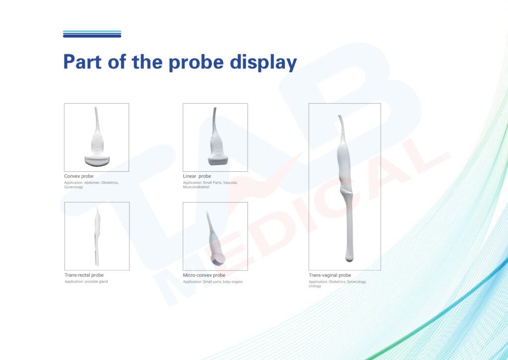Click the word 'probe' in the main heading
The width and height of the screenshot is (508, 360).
click(196, 63)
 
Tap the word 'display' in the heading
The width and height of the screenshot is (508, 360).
click(263, 63)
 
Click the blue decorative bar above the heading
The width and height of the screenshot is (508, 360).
click(92, 34)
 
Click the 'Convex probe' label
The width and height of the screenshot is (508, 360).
click(79, 176)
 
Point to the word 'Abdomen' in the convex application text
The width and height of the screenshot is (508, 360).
click(92, 183)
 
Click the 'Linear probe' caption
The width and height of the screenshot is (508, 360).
click(197, 176)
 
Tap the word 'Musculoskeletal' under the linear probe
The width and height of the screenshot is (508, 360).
click(196, 187)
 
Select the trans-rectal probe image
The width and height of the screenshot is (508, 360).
click(97, 237)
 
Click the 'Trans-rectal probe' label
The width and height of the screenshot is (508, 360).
click(84, 275)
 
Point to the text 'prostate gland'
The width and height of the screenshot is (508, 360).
click(96, 282)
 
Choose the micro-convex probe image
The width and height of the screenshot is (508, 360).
click(215, 240)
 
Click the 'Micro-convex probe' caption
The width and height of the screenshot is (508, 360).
click(204, 276)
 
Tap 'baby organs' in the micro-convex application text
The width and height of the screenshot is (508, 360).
click(233, 282)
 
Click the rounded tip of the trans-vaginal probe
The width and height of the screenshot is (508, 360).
click(349, 257)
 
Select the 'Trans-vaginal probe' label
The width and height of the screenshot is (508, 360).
click(330, 276)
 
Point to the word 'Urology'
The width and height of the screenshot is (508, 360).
click(315, 286)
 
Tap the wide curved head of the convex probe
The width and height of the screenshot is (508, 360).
click(97, 160)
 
